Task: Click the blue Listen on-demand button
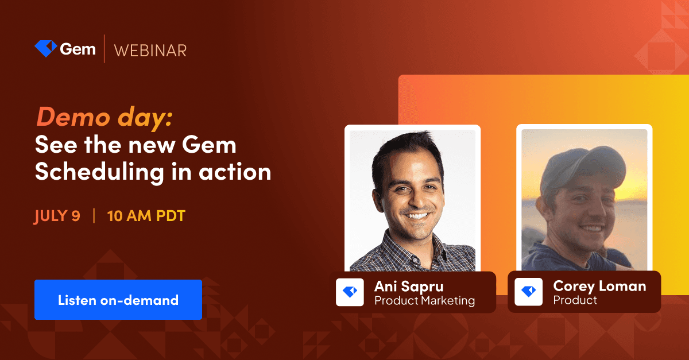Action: click(118, 300)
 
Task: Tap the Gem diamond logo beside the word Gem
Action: click(45, 49)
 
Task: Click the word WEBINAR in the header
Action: click(150, 51)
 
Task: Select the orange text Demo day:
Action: click(104, 117)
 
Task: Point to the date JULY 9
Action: click(57, 216)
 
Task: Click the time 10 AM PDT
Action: click(146, 216)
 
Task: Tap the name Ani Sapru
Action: click(409, 286)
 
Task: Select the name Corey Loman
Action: click(599, 285)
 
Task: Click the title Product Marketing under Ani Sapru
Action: click(424, 300)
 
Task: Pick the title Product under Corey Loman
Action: click(575, 300)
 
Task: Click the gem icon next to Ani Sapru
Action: click(350, 292)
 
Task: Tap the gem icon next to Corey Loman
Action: click(528, 292)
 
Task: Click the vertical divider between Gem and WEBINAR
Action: click(104, 49)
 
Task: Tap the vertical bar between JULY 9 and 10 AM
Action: click(94, 216)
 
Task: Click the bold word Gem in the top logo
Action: click(78, 49)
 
